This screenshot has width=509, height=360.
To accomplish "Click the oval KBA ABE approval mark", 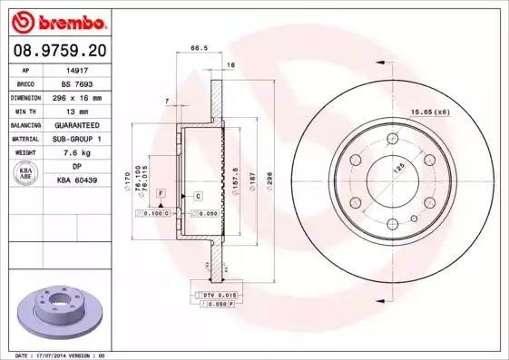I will [26, 173].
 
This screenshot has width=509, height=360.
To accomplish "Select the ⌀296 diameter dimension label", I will [271, 178].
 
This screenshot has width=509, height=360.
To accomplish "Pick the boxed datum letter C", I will [197, 195].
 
